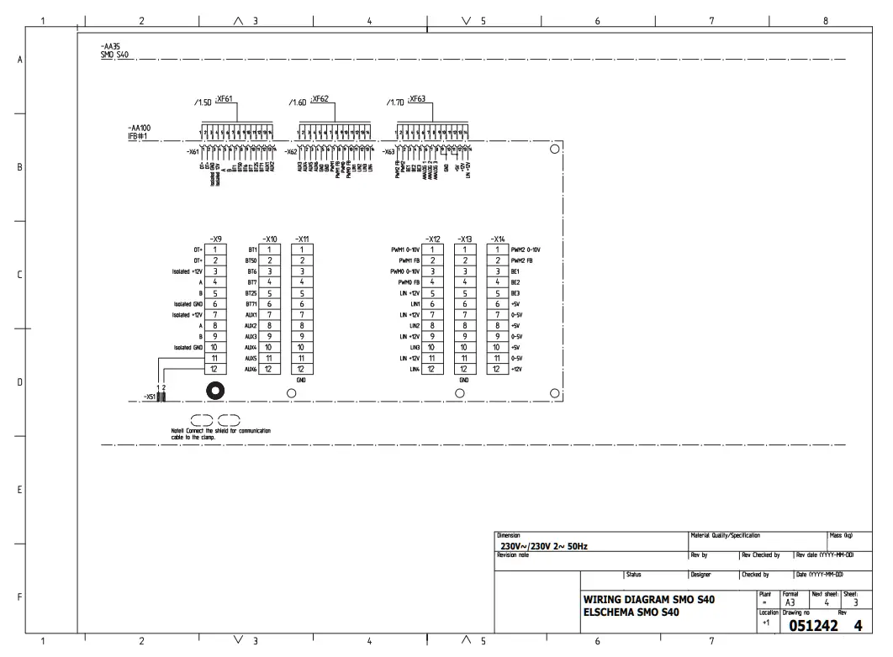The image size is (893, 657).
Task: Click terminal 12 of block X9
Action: click(x=215, y=369)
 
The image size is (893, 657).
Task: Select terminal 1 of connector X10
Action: click(x=269, y=249)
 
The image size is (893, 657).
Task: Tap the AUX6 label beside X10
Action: click(x=251, y=369)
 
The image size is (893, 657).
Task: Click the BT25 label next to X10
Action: click(x=251, y=293)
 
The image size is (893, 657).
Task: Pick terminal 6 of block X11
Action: click(x=300, y=303)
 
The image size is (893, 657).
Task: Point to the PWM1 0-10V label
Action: click(x=406, y=250)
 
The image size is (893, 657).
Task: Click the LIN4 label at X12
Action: click(x=415, y=369)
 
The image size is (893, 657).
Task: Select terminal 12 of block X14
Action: click(x=498, y=369)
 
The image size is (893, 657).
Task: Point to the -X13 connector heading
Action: click(x=463, y=239)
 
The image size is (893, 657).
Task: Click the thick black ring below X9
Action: click(x=216, y=391)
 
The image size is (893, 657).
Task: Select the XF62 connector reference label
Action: click(x=320, y=98)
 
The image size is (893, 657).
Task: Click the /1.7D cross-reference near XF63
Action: click(x=394, y=102)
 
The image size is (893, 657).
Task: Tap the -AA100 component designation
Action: click(x=128, y=128)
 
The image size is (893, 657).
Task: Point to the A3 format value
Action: click(x=790, y=602)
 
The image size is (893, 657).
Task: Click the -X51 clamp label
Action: click(x=148, y=397)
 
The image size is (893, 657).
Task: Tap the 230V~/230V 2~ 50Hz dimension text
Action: click(x=543, y=546)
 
